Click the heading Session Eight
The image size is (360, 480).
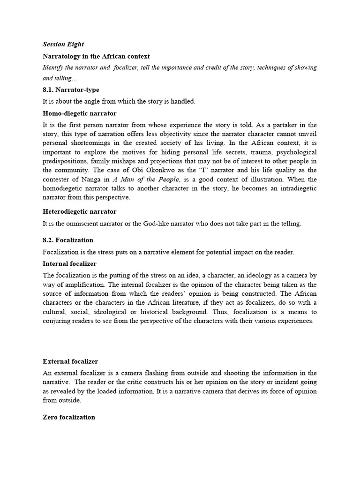pyautogui.click(x=63, y=45)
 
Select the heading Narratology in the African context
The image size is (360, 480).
pyautogui.click(x=96, y=56)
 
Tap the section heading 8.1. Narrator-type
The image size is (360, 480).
pyautogui.click(x=71, y=90)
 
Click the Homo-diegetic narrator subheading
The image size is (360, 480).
pyautogui.click(x=80, y=113)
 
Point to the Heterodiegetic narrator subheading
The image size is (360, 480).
pyautogui.click(x=80, y=212)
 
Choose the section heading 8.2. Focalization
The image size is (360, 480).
pyautogui.click(x=68, y=240)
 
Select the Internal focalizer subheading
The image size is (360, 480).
pyautogui.click(x=69, y=264)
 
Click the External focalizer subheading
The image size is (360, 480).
pyautogui.click(x=70, y=361)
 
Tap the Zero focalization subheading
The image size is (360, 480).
pyautogui.click(x=69, y=417)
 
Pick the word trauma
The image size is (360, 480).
pyautogui.click(x=248, y=152)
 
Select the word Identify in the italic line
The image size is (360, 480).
pyautogui.click(x=54, y=67)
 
